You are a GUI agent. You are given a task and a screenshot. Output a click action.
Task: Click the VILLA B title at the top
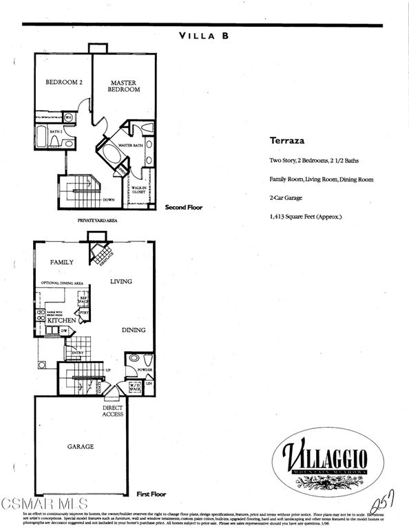click(204, 35)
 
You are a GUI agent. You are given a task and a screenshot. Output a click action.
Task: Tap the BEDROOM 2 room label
click(64, 82)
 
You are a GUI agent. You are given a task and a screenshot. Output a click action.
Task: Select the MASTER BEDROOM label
click(125, 86)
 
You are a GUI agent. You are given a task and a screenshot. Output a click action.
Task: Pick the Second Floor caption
click(184, 207)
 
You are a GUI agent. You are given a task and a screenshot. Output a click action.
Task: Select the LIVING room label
click(120, 281)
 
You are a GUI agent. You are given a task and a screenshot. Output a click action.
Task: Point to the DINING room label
click(134, 330)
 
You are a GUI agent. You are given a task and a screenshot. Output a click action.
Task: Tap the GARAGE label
click(80, 446)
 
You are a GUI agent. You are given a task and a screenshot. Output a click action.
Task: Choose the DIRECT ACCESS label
click(112, 410)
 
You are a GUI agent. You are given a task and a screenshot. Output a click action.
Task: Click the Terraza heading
click(283, 140)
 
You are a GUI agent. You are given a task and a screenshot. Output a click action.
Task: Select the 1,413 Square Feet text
click(305, 217)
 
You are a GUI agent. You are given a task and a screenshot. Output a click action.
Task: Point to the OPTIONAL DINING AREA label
click(63, 283)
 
